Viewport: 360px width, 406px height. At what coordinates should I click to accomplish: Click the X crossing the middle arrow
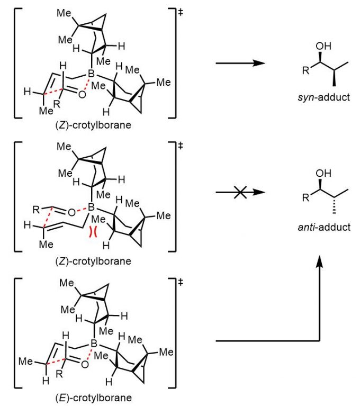pyautogui.click(x=239, y=194)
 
